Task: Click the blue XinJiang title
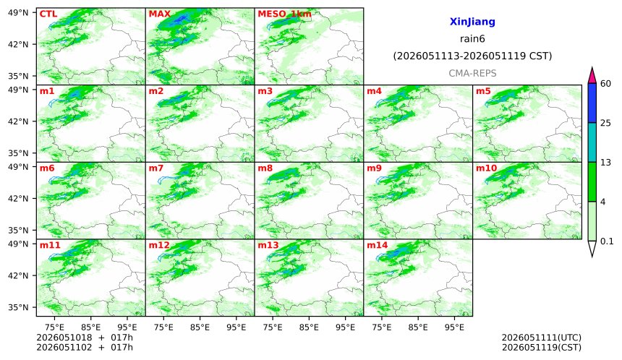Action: point(472,22)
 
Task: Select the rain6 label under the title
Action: point(472,39)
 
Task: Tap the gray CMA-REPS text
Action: point(472,73)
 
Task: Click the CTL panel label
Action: point(48,14)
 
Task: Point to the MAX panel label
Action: point(159,14)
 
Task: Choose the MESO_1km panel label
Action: point(284,14)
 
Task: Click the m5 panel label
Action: point(483,91)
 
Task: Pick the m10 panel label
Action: point(486,168)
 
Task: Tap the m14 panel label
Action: point(377,245)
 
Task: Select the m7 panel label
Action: point(156,168)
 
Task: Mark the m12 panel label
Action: point(159,245)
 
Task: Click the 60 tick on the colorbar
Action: point(606,84)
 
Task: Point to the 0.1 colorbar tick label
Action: point(607,241)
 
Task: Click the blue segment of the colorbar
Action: point(592,103)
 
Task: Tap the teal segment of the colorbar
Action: point(592,142)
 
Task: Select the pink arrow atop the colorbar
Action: point(592,76)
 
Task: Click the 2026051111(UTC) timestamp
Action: point(542,338)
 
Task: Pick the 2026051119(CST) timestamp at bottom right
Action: point(542,348)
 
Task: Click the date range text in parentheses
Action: point(472,56)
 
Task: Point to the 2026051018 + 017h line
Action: point(85,338)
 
